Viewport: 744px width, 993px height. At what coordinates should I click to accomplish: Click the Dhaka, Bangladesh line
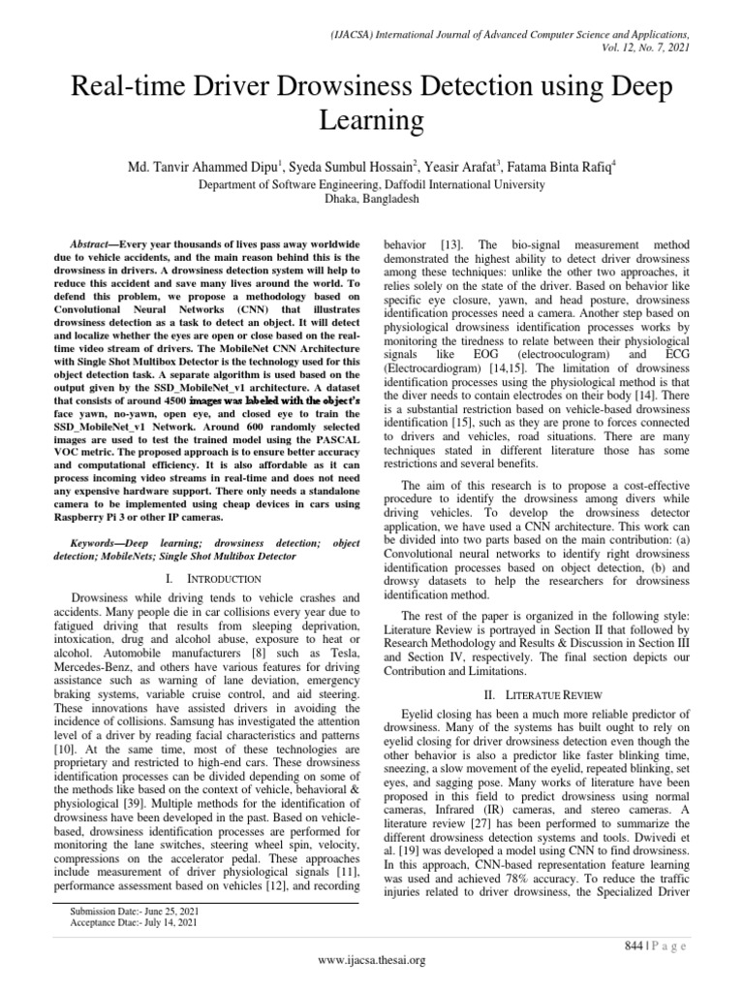371,197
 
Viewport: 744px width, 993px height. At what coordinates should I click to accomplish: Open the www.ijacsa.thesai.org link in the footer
372,960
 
